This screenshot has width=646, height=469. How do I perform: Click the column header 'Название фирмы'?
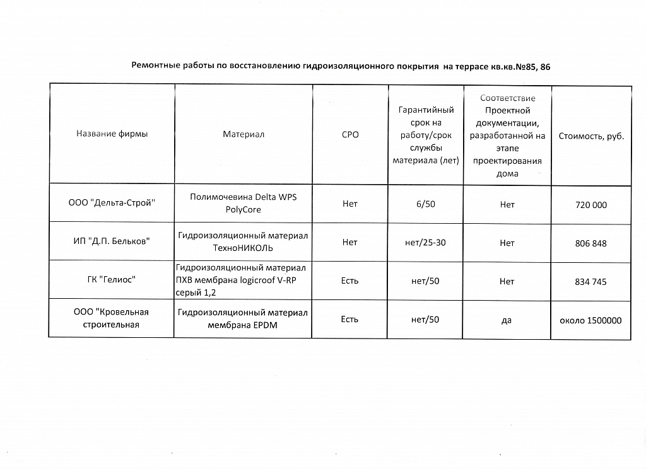coord(112,134)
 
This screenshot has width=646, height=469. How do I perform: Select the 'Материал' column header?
coord(244,134)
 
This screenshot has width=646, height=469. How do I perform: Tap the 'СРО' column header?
coord(350,135)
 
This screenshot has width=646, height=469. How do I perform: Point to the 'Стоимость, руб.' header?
coord(591,136)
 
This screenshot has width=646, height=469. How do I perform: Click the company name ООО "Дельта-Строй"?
coord(112,204)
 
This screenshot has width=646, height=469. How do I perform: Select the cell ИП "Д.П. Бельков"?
coord(112,242)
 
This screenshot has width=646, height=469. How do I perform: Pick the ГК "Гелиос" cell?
coord(112,281)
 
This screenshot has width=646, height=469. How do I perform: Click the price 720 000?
coord(591,205)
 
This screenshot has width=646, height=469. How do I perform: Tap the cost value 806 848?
coord(591,243)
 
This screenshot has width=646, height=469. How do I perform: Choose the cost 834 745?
coord(591,282)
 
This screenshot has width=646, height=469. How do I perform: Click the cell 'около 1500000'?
coord(591,320)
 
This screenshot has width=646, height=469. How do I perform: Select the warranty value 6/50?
coord(425,204)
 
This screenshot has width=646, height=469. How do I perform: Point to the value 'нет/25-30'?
coord(425,243)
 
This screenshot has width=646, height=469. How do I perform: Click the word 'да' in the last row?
coord(507,320)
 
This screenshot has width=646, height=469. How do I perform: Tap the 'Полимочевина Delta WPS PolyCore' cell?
coord(244,203)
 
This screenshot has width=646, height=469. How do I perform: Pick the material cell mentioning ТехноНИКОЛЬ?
coord(244,241)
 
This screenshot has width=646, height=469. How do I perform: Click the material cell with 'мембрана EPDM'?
coord(244,319)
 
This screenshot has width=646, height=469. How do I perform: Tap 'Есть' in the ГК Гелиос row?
coord(350,281)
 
